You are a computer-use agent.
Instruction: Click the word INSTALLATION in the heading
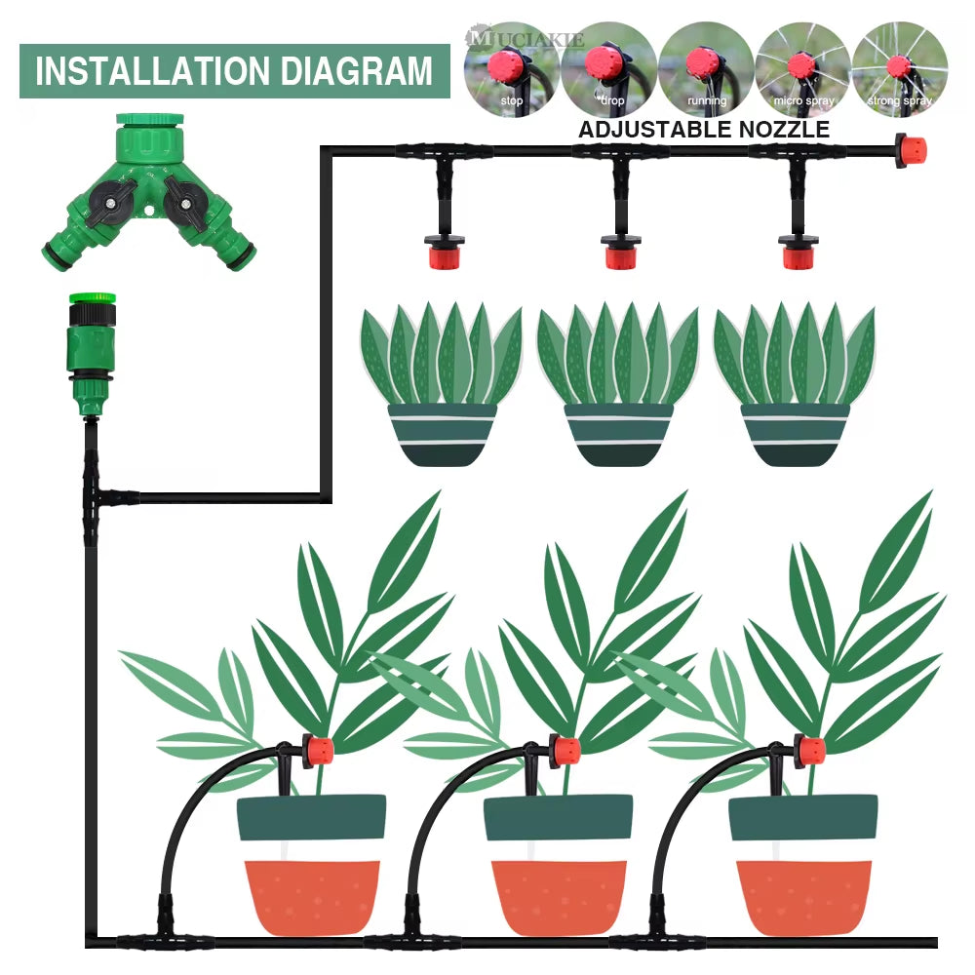tap(145, 71)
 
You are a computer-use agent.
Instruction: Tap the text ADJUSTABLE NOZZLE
tap(704, 129)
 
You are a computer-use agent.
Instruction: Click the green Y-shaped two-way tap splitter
tap(149, 195)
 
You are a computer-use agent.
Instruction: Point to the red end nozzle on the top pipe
tap(911, 152)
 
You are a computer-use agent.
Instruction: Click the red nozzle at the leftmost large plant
tap(318, 752)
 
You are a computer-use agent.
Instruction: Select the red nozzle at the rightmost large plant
tap(809, 752)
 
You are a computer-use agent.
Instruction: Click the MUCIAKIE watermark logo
tap(526, 39)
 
